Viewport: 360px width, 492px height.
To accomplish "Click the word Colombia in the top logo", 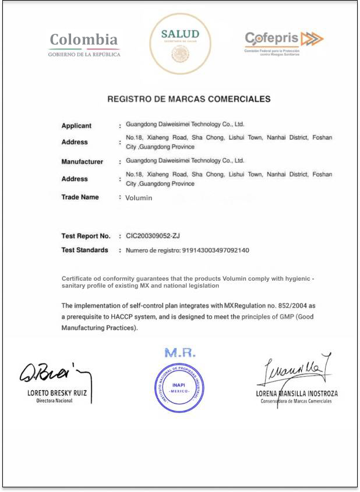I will coord(84,40).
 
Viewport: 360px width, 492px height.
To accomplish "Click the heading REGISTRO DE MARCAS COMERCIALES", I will coord(189,99).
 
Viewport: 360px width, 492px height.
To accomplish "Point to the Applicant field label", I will coord(76,126).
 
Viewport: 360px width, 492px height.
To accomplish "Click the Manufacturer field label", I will coord(82,162).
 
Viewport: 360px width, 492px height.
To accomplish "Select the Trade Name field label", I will coord(80,197).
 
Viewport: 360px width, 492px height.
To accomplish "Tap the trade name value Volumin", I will coord(139,198).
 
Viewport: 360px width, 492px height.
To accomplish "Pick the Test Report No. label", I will coord(86,236).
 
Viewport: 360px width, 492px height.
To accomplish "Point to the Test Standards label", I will coord(84,250).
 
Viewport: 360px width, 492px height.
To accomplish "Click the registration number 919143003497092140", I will coord(216,250).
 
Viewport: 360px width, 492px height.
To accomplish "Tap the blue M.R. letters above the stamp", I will coord(180,353).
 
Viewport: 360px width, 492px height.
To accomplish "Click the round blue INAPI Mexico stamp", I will coord(179,387).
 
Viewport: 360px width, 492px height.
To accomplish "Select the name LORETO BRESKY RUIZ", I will coord(57,393).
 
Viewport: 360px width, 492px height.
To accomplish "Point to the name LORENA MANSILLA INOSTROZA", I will coord(297,394).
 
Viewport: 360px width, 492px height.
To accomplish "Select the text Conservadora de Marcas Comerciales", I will coord(297,401).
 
